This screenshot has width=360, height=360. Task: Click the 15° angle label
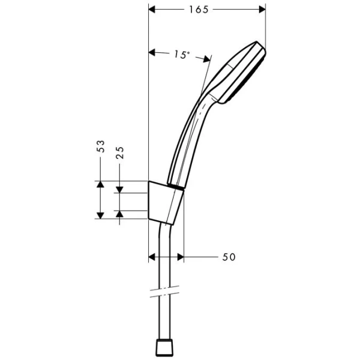point(181,55)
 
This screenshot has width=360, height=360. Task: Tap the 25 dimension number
point(120,152)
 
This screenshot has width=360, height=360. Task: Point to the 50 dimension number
point(229,257)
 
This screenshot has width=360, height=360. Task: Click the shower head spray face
point(249,75)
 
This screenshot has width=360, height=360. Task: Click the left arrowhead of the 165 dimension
point(152,10)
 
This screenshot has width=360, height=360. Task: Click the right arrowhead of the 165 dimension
point(261,10)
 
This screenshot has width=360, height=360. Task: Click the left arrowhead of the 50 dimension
point(152,257)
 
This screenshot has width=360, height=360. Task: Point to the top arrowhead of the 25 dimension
point(120,190)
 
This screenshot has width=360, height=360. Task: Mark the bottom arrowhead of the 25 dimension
point(120,214)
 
